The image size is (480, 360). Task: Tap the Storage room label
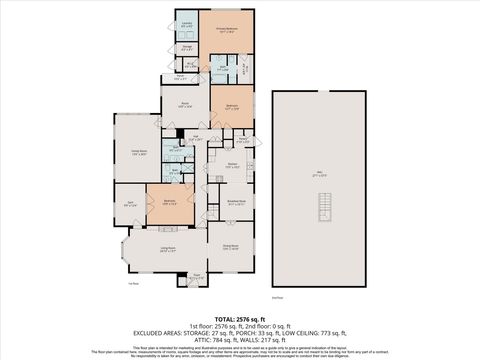point(187,46)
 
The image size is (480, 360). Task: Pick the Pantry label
point(242,141)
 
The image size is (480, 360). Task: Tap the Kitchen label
point(231,165)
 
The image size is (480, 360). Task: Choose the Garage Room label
point(139,153)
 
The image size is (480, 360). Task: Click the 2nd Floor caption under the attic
point(278,296)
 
